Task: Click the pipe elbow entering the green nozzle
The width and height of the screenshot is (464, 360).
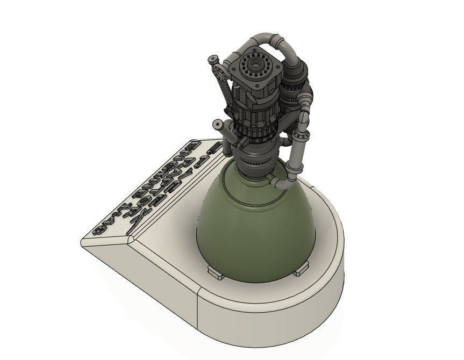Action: pos(281,184)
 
